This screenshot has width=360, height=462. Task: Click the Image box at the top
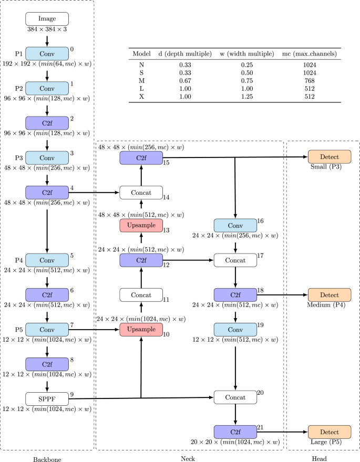(47, 19)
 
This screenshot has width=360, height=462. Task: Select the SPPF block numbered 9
(47, 399)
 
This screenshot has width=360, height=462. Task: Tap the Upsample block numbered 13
(141, 226)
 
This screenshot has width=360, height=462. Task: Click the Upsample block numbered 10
(141, 329)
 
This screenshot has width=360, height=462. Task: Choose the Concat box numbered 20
(235, 397)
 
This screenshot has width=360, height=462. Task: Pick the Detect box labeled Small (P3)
(330, 157)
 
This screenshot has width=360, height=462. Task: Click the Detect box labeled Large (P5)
(330, 432)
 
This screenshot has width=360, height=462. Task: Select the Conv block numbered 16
(235, 226)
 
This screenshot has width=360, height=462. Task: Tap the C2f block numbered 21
(235, 432)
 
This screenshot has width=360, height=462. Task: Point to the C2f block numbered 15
(141, 157)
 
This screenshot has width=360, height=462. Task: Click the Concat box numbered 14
(141, 193)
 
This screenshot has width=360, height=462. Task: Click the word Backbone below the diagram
(47, 459)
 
